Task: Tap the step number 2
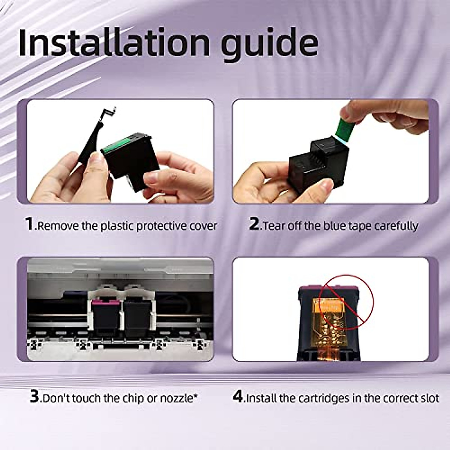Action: [x=254, y=224]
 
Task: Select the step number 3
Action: [x=34, y=397]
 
